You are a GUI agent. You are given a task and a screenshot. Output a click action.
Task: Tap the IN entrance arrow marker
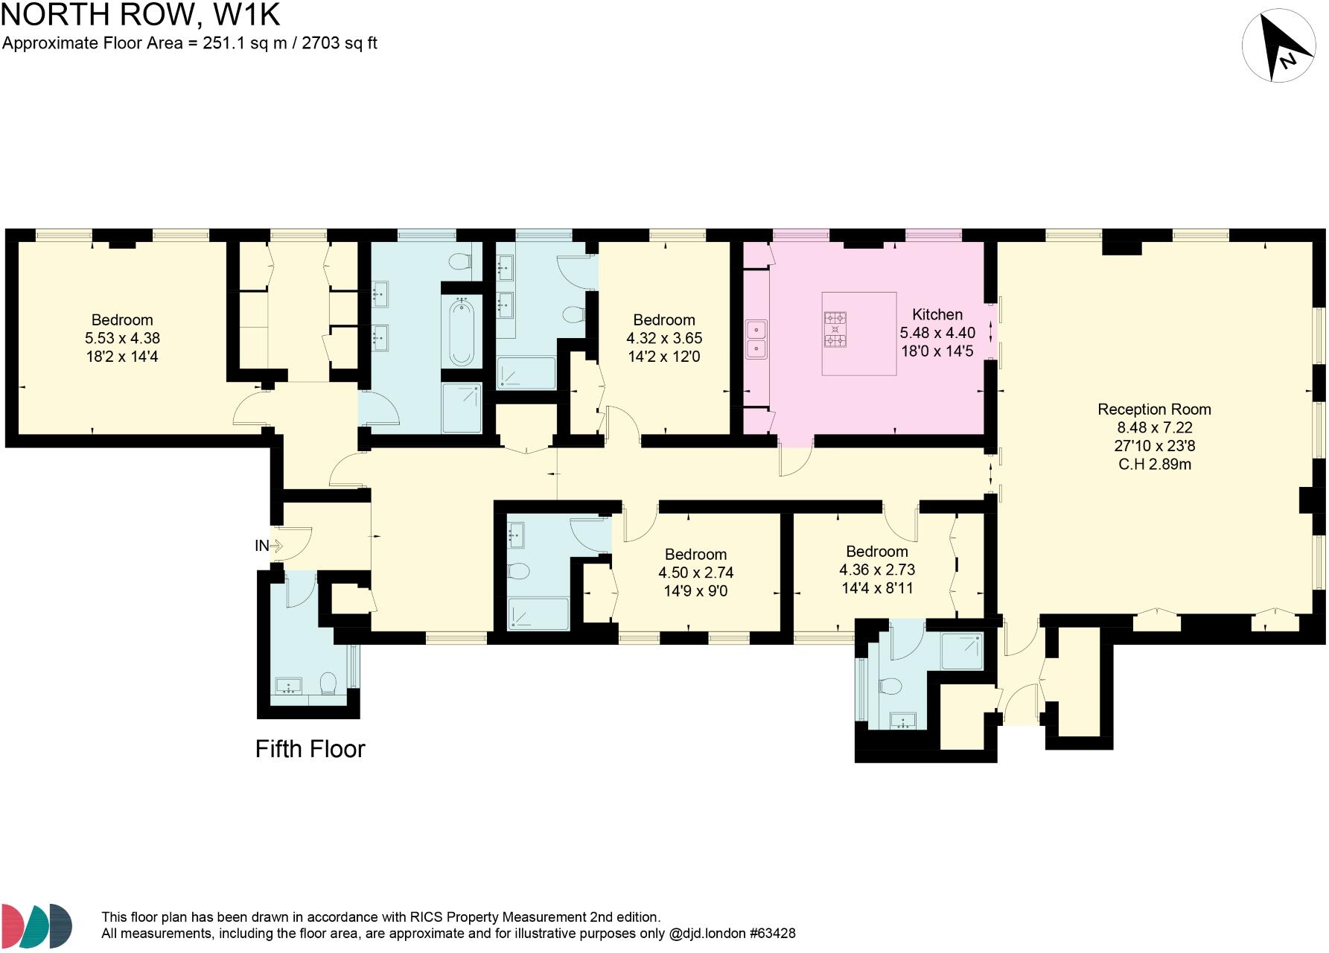[x=275, y=546]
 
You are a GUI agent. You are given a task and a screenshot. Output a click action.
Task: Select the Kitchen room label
[x=937, y=314]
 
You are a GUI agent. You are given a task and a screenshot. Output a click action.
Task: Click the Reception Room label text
[x=1154, y=409]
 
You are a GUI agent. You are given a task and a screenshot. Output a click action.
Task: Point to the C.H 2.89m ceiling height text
[x=1154, y=465]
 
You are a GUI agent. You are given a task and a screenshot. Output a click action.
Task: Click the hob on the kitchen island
[x=835, y=328]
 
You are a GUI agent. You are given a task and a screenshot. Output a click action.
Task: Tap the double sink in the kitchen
[x=756, y=339]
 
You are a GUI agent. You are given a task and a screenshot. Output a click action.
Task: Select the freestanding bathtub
[x=461, y=332]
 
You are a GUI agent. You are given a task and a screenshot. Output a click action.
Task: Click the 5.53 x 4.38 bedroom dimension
[x=123, y=339]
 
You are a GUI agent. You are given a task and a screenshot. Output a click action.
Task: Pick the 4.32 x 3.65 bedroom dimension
[x=664, y=338]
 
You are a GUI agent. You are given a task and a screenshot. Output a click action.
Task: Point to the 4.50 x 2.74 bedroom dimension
[x=696, y=573]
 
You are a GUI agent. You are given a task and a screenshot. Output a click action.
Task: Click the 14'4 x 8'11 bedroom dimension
[x=877, y=588]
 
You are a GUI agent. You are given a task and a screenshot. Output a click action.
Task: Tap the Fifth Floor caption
[x=310, y=749]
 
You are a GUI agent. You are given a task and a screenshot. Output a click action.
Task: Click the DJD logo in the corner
[x=36, y=927]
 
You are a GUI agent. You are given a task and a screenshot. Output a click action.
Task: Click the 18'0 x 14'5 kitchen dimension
[x=937, y=351]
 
